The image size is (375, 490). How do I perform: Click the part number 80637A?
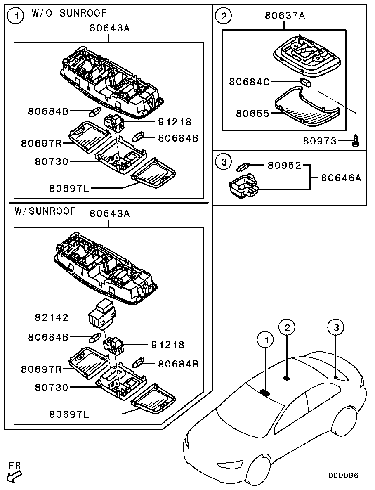(285, 16)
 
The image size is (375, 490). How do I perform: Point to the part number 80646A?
(341, 178)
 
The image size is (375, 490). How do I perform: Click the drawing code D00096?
(343, 476)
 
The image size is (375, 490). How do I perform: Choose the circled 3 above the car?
(336, 327)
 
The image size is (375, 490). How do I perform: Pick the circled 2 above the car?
(287, 327)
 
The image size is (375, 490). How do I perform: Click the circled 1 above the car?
(266, 340)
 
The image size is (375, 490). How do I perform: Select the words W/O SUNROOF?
(69, 14)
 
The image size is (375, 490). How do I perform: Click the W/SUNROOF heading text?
(45, 211)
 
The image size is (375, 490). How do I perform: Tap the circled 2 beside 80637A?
(224, 16)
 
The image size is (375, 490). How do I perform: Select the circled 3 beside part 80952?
(224, 162)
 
